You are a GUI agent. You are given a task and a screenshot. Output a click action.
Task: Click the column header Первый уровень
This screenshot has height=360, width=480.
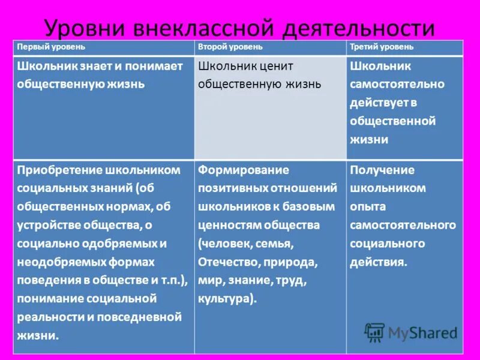(51, 47)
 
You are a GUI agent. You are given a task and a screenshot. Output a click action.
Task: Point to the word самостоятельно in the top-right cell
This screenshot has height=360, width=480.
(397, 84)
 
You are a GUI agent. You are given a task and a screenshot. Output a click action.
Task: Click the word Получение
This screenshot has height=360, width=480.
(382, 170)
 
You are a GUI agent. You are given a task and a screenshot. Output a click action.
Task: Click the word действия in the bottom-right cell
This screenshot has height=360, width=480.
(379, 262)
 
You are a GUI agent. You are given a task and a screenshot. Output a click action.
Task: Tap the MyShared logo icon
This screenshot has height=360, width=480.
(375, 332)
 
